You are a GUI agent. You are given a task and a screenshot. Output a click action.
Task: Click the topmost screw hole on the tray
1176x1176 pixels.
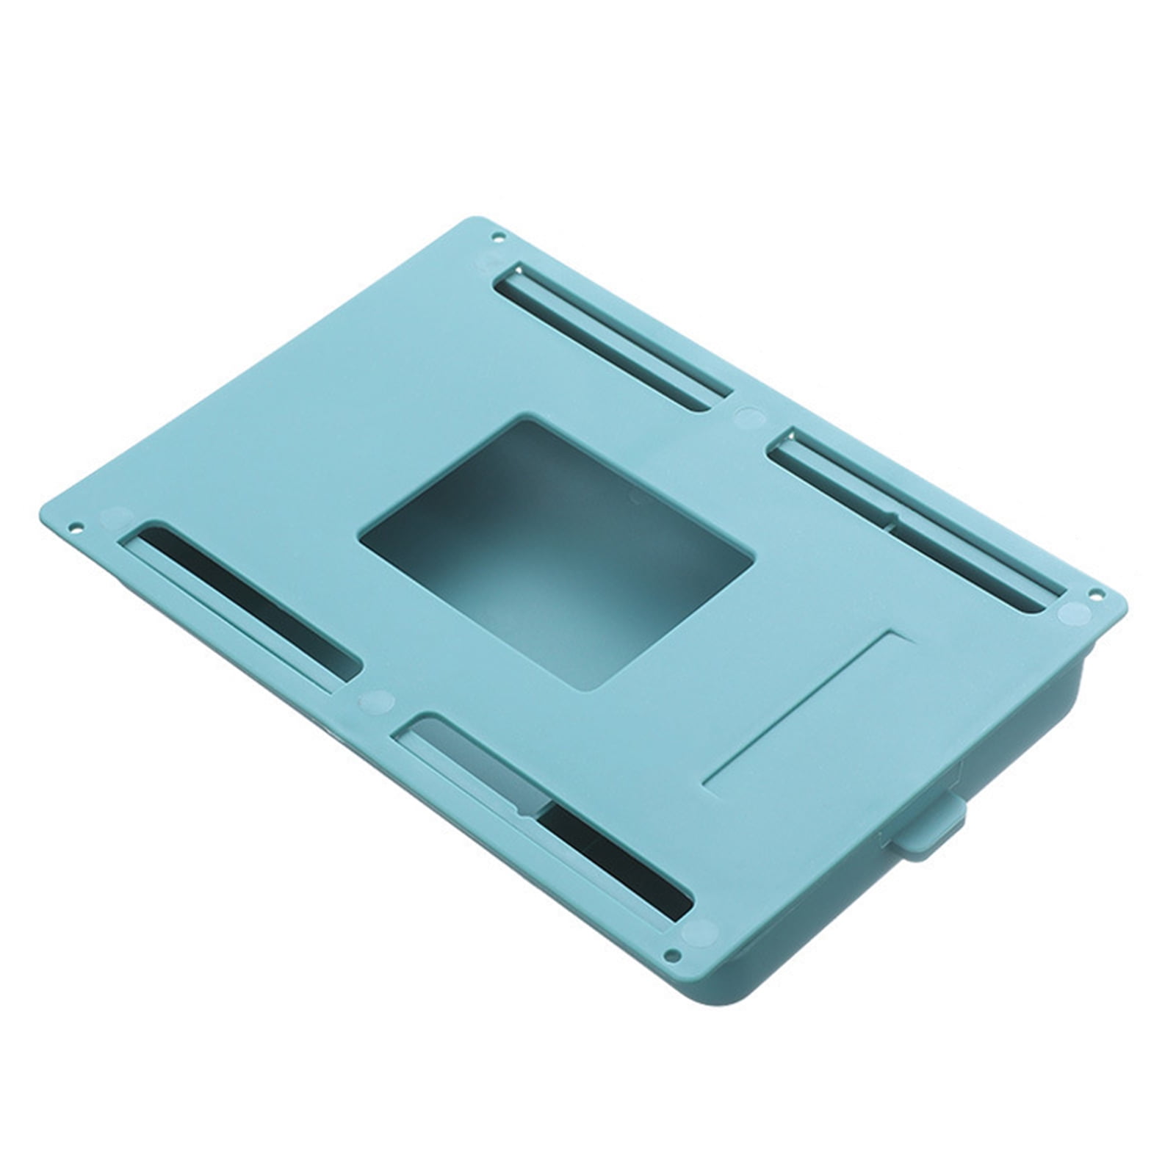click(x=499, y=237)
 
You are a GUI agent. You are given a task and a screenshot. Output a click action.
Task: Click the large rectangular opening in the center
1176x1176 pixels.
click(x=556, y=555)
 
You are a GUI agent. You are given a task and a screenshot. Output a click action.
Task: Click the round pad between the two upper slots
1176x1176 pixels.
click(x=748, y=416)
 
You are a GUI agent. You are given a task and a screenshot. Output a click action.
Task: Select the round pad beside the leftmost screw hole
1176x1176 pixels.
click(x=115, y=516)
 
